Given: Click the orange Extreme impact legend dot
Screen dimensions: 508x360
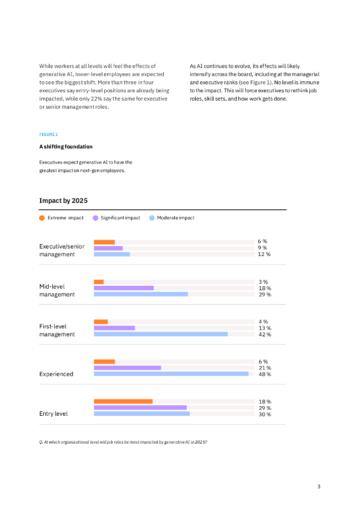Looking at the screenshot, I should tap(42, 218).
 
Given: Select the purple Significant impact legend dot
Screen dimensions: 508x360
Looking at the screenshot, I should tap(95, 218).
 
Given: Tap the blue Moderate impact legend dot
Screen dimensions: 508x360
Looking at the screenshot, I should tap(152, 218).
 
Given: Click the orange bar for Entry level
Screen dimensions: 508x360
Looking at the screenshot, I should tap(123, 401).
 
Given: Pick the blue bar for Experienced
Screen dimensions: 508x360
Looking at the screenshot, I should tap(171, 374).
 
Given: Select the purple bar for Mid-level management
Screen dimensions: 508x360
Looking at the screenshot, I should tap(124, 288).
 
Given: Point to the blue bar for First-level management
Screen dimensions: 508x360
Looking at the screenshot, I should tap(160, 334).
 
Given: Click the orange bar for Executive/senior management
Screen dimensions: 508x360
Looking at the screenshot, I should tap(104, 242).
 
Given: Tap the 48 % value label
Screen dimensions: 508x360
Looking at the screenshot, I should tap(265, 374).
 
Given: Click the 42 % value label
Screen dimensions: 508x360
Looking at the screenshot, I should tap(265, 334).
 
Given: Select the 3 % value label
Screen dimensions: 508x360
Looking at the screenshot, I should tap(263, 282).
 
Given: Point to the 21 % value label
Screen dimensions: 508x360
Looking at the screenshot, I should tap(265, 368).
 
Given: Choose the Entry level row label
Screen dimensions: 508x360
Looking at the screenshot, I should tap(54, 414).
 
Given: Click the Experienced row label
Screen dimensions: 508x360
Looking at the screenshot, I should tap(56, 374).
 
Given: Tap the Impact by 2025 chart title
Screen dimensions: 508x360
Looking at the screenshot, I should tap(63, 201).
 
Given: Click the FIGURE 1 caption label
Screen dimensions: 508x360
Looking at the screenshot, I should tap(49, 134).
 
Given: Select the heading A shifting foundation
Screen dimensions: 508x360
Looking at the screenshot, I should tap(66, 147).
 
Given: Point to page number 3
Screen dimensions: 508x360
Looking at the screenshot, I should tap(319, 487).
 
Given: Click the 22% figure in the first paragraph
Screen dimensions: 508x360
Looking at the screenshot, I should tap(111, 99).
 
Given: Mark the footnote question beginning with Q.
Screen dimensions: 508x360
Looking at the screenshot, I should tap(123, 442).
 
